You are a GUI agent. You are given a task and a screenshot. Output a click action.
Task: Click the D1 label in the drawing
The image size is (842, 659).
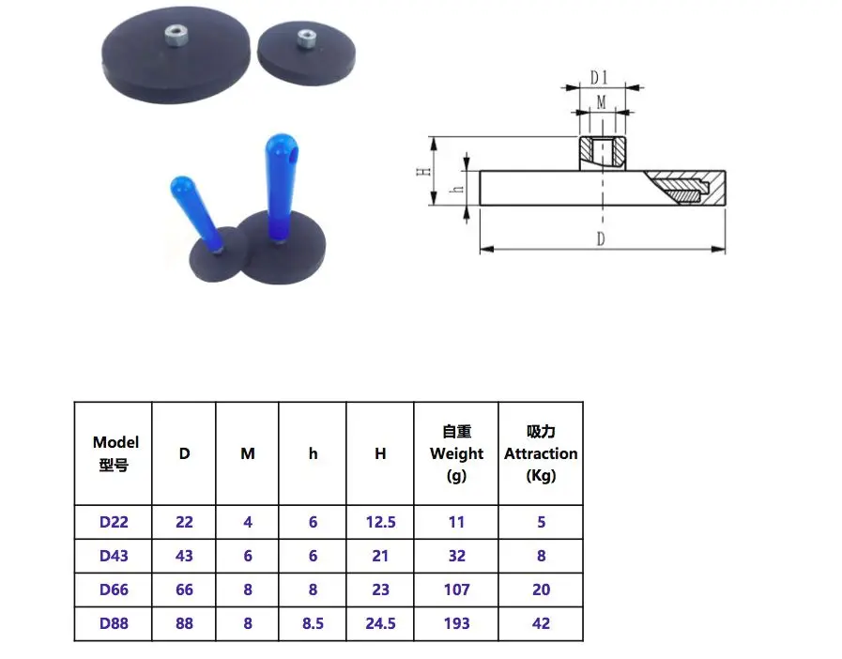coord(599,78)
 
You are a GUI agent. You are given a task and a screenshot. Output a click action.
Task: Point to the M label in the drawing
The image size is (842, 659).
coord(602,102)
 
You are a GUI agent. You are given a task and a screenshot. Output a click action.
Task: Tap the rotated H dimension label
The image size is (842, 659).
coord(424,172)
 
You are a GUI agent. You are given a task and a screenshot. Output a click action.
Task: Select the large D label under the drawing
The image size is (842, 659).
coord(601,238)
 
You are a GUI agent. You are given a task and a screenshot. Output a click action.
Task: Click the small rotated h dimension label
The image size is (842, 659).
coord(457,189)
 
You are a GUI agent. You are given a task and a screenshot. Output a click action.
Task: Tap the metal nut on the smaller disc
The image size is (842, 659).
coord(306,39)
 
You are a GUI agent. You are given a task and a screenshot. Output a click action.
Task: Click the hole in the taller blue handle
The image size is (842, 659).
coord(291,159)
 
